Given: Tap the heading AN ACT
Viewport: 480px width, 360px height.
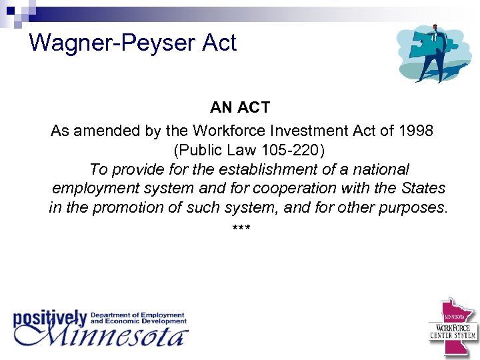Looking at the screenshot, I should [240, 107].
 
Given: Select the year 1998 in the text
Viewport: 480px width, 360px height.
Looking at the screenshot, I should [415, 131].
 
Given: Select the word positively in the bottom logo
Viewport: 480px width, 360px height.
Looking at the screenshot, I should [51, 318].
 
